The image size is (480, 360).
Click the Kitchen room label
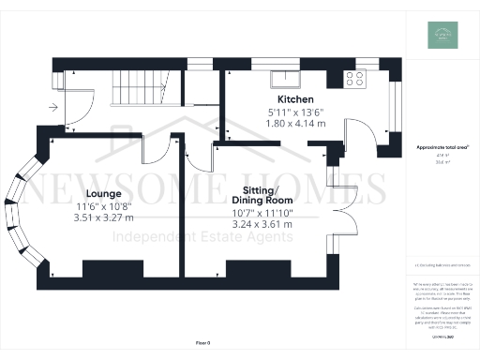(294, 99)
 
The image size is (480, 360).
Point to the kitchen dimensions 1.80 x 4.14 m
(294, 124)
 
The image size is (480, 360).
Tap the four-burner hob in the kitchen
(356, 79)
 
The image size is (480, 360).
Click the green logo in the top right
(445, 35)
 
